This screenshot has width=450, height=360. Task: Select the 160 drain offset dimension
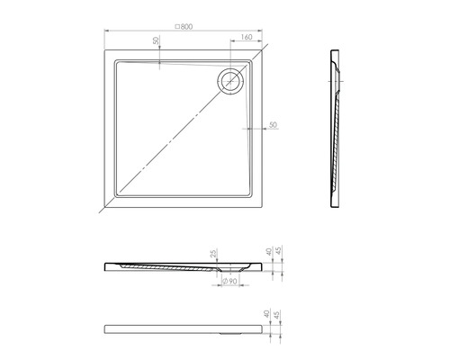[x=247, y=39]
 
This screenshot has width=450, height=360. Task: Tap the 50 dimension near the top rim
[x=156, y=41]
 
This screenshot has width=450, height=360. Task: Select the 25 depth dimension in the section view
[x=214, y=255]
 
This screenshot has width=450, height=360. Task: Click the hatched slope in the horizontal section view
[x=171, y=267]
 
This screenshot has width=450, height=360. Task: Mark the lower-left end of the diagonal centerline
[x=100, y=212]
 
